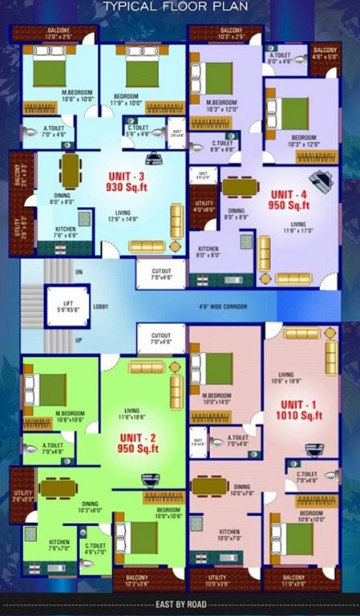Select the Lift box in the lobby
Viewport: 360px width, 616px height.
(61, 305)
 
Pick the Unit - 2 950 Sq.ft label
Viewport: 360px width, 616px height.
(140, 443)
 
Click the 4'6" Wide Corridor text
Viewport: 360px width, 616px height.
(223, 307)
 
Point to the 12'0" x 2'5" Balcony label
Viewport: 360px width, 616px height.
(53, 34)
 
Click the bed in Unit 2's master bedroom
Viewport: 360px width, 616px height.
(51, 390)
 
